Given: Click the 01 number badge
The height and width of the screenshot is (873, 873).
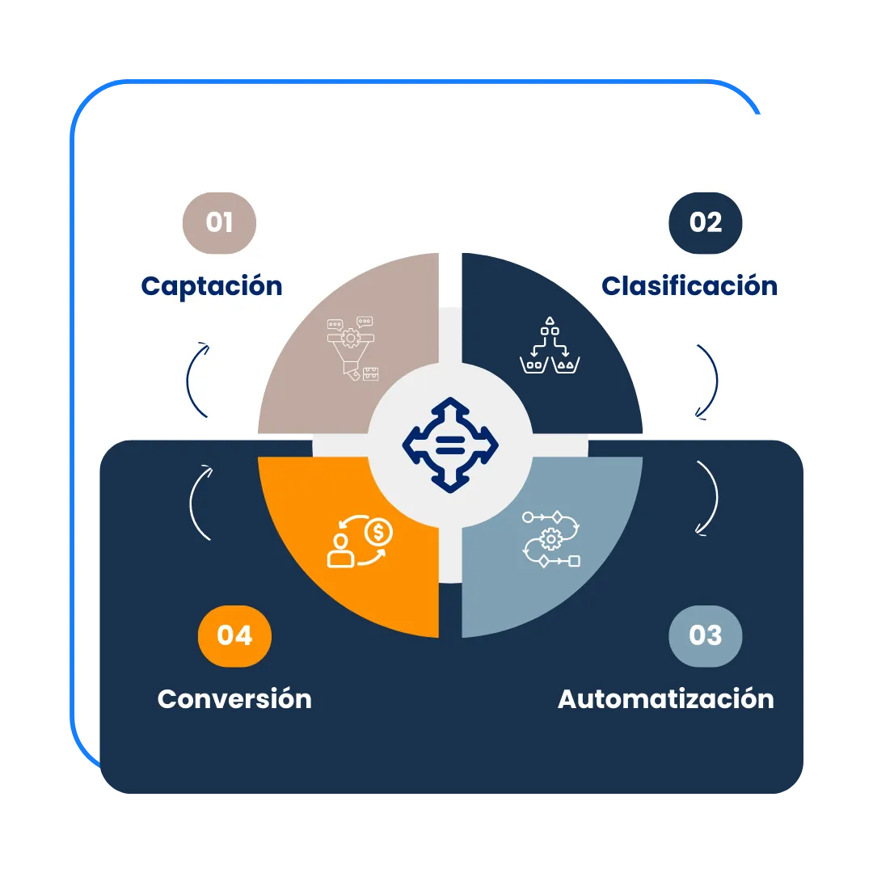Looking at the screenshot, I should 219,222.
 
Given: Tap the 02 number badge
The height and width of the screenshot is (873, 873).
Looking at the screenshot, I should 705,222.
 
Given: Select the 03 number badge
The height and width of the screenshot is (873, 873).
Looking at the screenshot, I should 705,635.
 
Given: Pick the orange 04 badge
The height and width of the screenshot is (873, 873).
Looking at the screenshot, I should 234,635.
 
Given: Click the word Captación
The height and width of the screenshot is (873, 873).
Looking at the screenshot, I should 212,286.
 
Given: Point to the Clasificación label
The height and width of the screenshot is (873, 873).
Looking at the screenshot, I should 689,286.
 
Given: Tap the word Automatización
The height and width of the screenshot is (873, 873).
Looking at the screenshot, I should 665,698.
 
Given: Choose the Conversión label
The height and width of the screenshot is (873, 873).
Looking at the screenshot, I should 234,698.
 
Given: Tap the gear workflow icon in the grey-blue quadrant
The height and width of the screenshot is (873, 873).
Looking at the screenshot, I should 551,538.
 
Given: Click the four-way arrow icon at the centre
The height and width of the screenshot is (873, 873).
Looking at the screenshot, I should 450,444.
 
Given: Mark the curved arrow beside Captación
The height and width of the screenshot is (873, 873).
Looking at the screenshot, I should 196,378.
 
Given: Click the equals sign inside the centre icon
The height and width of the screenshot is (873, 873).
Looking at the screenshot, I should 450,444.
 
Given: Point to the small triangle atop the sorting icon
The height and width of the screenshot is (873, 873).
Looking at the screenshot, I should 550,321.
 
